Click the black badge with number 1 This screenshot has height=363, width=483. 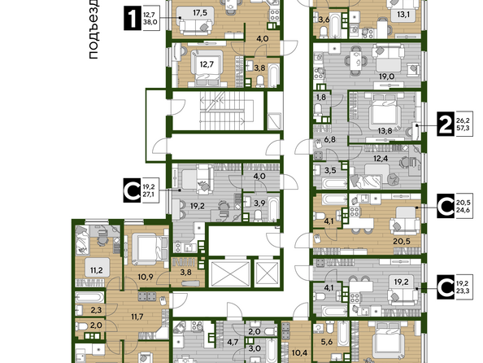[x=133, y=19]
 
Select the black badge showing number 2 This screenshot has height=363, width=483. [x=446, y=124]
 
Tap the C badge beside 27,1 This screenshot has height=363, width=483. [x=133, y=190]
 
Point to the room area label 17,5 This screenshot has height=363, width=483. [x=200, y=13]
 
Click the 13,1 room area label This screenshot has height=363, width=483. [x=403, y=14]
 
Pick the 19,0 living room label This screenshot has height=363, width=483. [x=386, y=77]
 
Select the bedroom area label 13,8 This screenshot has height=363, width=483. [x=385, y=131]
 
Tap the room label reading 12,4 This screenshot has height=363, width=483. [x=381, y=159]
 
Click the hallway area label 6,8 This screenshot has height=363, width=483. [x=329, y=140]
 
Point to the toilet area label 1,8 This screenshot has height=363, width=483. [x=321, y=97]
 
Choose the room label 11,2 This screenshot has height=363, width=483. [x=97, y=270]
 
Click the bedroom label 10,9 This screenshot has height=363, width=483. [x=146, y=277]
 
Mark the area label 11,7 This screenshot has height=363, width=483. [x=137, y=317]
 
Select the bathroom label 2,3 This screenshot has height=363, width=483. [x=96, y=309]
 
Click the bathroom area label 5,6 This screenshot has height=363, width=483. [x=327, y=342]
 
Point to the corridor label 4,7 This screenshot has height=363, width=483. [x=233, y=342]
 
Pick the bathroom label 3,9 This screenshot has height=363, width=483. [x=259, y=203]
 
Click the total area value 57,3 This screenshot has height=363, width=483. [x=463, y=127]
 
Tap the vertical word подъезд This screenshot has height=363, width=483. [x=93, y=29]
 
